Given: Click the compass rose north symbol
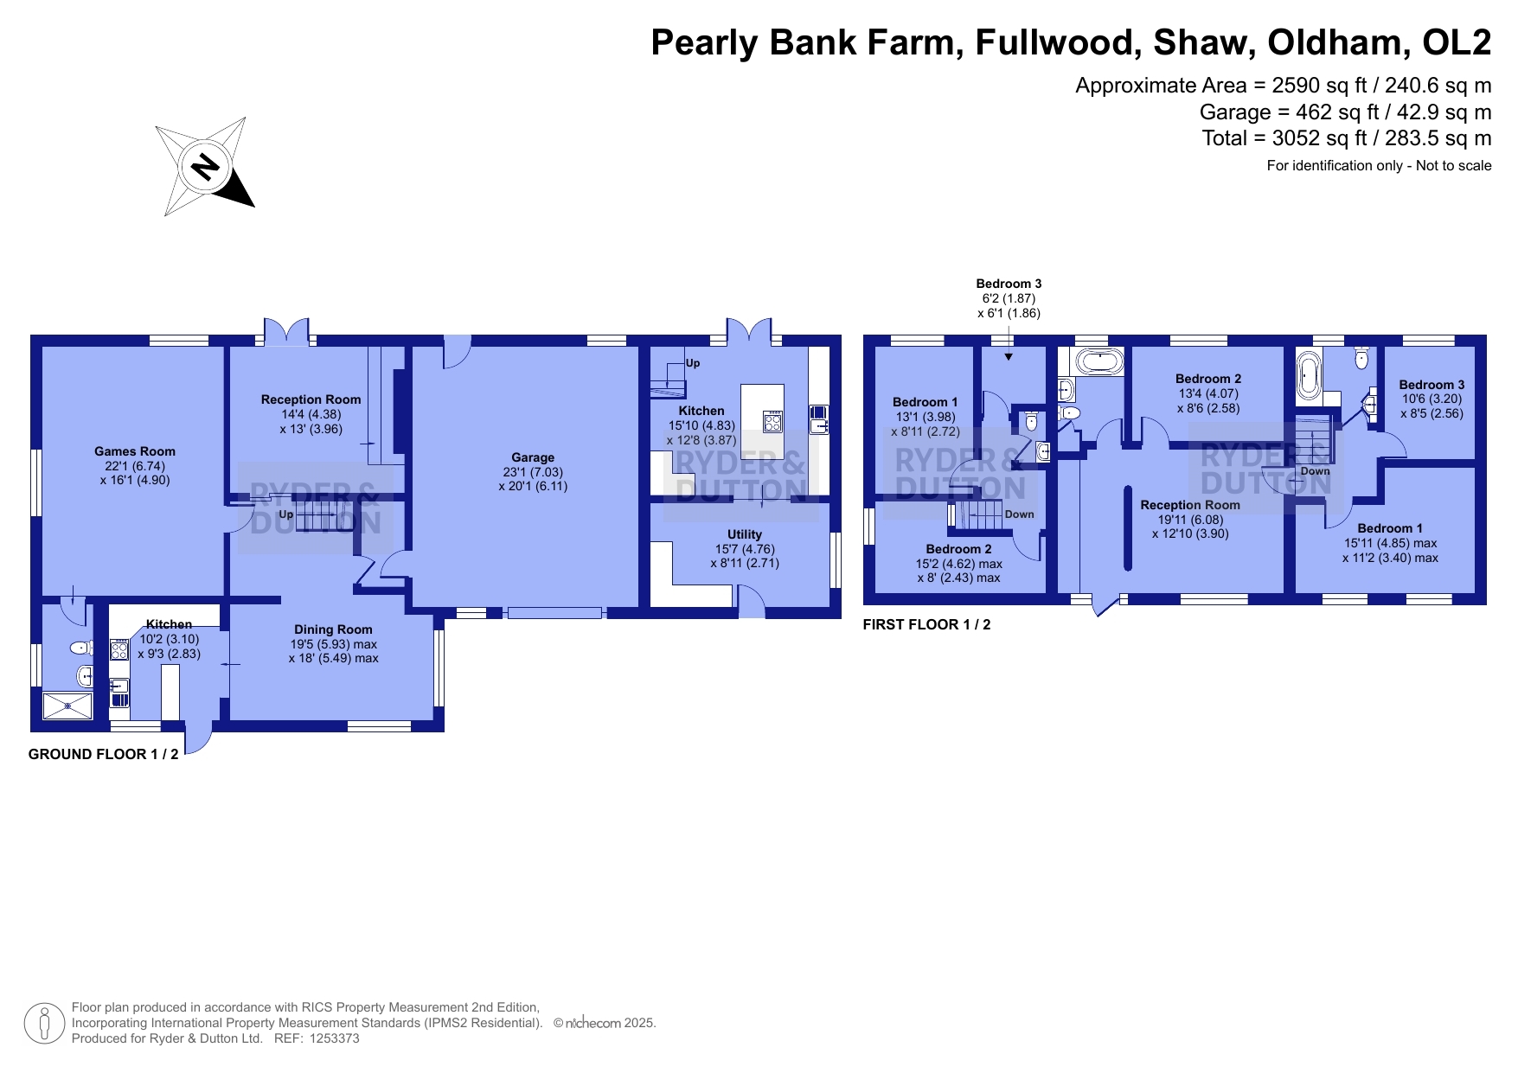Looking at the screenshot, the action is click(205, 166).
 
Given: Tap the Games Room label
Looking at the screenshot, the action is click(135, 451).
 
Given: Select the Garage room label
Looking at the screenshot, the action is click(533, 457).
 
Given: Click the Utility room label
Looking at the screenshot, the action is click(745, 534).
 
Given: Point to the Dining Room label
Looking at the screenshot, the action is click(333, 629).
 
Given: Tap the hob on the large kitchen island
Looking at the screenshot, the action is click(772, 422).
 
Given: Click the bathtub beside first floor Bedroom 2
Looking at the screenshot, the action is click(1097, 361).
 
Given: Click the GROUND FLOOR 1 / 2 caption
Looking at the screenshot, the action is click(104, 754).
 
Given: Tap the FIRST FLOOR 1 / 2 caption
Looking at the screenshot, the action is click(927, 624).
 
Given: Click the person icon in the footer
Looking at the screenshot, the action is click(44, 1024).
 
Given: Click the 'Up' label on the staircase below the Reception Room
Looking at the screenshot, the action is click(286, 514).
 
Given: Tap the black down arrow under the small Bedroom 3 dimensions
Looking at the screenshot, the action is click(1009, 356).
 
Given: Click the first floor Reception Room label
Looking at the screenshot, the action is click(1190, 505).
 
